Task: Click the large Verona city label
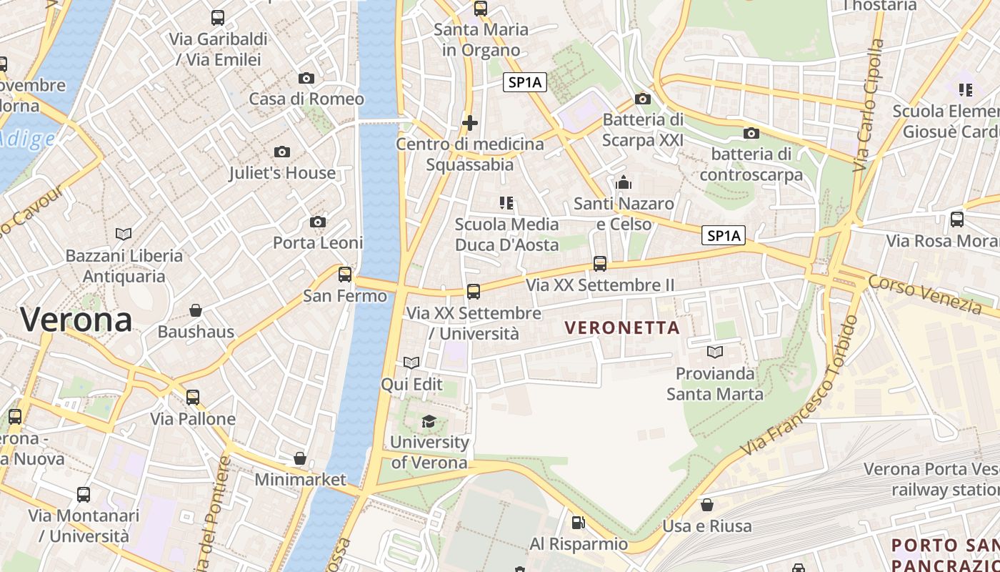tap(76, 320)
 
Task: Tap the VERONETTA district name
tap(621, 328)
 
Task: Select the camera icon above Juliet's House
tap(282, 152)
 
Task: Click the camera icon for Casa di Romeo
tap(306, 78)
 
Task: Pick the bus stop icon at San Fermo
tap(345, 274)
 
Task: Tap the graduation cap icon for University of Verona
tap(429, 421)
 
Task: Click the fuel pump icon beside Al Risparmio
tap(578, 523)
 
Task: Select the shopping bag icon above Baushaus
tap(195, 310)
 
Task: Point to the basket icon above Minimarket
tap(300, 458)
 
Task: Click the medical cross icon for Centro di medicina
tap(469, 123)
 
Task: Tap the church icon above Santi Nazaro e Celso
tap(624, 183)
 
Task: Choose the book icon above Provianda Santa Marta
tap(714, 352)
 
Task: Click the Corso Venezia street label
tap(925, 294)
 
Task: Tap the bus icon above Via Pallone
tap(193, 398)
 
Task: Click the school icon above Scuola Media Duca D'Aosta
tap(506, 203)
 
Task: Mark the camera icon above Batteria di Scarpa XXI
tap(642, 99)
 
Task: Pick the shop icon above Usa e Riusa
tap(706, 505)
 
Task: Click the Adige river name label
tap(29, 137)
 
